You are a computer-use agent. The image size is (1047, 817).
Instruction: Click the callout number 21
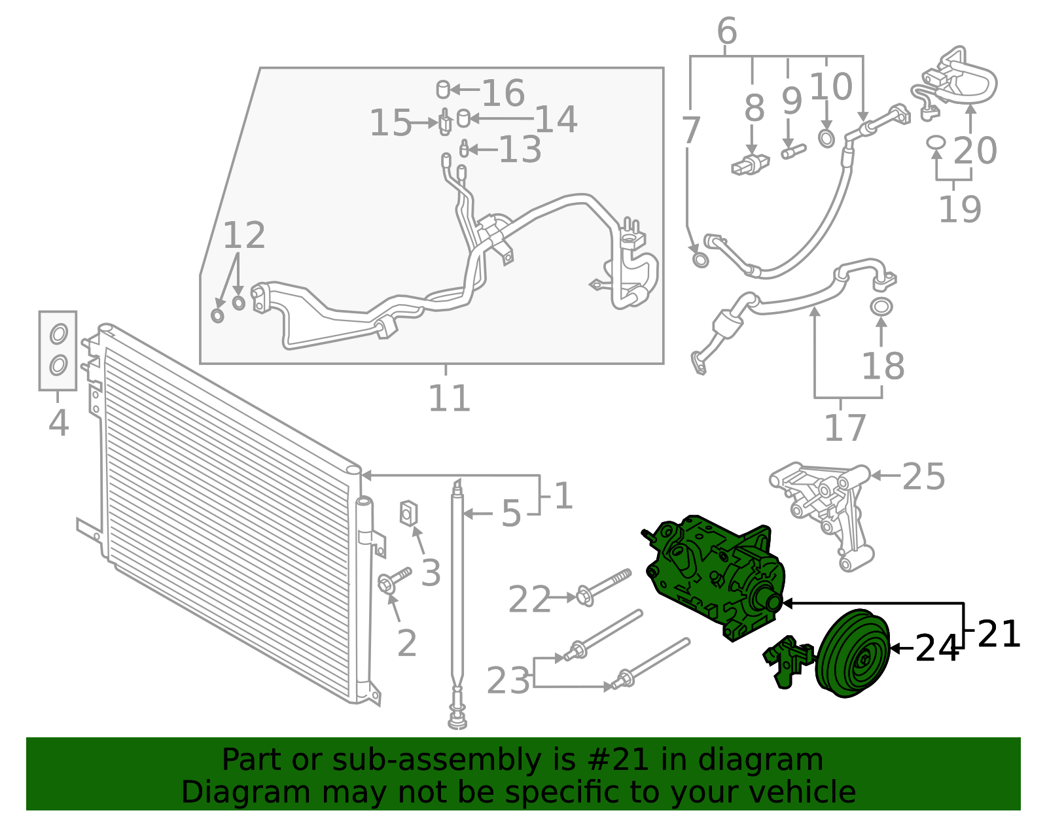[x=999, y=634]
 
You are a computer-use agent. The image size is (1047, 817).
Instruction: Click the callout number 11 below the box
[x=449, y=398]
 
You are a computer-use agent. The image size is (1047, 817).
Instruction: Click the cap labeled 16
[x=443, y=90]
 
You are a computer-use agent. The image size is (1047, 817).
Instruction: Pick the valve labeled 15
[x=444, y=122]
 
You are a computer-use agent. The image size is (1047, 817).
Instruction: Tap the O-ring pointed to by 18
[x=881, y=307]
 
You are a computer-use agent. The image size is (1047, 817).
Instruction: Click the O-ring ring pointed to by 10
[x=826, y=139]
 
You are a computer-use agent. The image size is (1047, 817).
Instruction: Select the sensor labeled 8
[x=750, y=165]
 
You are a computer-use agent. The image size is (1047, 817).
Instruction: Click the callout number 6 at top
[x=727, y=31]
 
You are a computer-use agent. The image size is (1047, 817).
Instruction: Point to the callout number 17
[x=845, y=428]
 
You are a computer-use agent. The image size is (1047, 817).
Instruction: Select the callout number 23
[x=508, y=681]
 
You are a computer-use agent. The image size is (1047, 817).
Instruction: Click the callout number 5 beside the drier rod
[x=511, y=513]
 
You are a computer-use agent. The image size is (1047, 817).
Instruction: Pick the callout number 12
[x=244, y=235]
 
